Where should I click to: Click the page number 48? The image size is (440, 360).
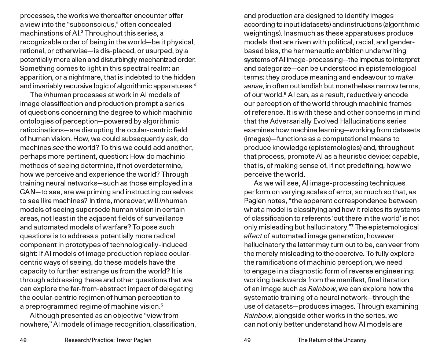(x=23, y=340)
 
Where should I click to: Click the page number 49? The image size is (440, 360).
(x=247, y=340)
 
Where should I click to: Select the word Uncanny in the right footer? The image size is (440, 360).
(x=355, y=340)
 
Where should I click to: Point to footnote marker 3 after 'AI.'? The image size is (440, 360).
(x=82, y=32)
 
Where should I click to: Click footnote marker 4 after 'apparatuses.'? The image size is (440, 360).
(x=195, y=85)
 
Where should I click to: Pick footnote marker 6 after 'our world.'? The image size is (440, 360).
(x=285, y=93)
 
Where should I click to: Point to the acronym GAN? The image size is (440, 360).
(x=27, y=192)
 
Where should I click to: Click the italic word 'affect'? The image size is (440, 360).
(x=253, y=236)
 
